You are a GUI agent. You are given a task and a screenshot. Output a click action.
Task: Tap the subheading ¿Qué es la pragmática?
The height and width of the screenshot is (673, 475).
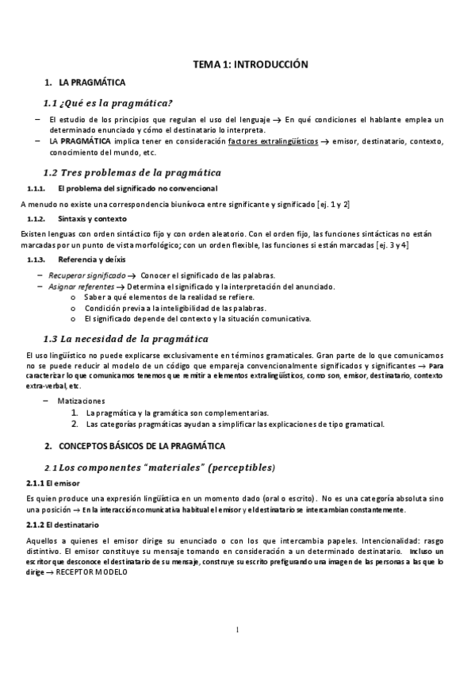119,103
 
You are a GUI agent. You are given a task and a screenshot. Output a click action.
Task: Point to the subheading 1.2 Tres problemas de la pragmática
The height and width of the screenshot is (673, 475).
132,173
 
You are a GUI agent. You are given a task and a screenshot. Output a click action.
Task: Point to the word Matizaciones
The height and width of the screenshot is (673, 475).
82,402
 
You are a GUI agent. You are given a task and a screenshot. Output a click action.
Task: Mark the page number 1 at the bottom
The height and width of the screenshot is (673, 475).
237,630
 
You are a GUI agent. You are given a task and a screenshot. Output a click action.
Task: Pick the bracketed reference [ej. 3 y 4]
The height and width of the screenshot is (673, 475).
393,244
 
